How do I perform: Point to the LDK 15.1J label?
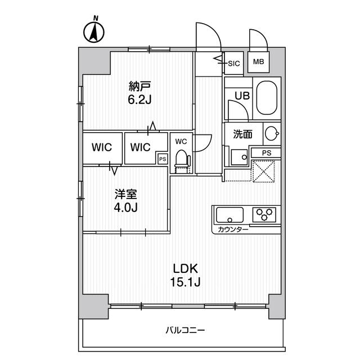coord(184,274)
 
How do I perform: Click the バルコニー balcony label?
coord(185,330)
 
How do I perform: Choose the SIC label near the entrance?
coord(234,63)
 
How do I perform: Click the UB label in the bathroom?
coord(241,96)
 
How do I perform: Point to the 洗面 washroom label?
coord(243,134)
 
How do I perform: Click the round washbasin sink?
coord(271,134)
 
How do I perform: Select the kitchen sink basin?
coord(229,215)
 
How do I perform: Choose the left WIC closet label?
coord(102,147)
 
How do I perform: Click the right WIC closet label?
coord(140,147)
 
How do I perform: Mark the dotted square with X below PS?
coord(262,171)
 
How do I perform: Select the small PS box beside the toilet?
coord(162,159)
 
